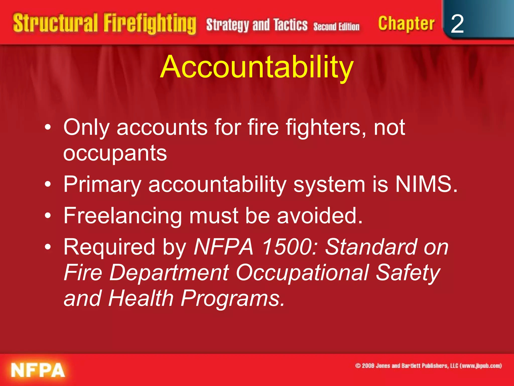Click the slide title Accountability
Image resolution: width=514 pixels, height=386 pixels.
coord(257,67)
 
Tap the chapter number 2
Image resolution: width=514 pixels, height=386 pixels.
coord(457,24)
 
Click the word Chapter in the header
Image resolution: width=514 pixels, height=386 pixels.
coord(406,24)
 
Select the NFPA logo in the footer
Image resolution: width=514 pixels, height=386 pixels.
coord(38,370)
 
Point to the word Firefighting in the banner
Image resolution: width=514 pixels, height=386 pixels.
coord(150,24)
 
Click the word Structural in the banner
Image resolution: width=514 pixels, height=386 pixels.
coord(55,23)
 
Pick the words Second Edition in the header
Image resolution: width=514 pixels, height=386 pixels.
coord(336,26)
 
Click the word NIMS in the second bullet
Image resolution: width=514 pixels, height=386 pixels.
coord(423,184)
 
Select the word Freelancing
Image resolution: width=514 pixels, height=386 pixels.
coord(123,216)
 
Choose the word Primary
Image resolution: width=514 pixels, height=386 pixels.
coord(102,185)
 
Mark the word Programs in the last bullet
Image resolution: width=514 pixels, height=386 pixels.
coord(233,298)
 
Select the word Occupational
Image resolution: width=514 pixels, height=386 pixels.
coord(302,273)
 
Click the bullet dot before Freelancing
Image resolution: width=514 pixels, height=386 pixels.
coord(48,215)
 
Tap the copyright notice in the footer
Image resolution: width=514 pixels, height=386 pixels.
coord(428,366)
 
